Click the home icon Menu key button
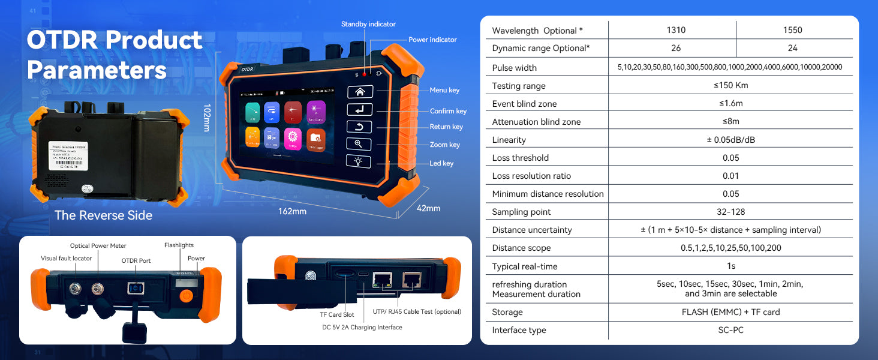pos(360,92)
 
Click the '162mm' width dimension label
pos(292,211)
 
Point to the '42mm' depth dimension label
pos(428,208)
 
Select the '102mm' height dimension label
pos(207,118)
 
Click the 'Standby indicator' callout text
pos(368,24)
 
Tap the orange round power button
pos(187,295)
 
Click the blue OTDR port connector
pos(135,289)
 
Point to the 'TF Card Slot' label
pos(336,314)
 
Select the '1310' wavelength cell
pos(676,30)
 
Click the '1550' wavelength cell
pos(792,30)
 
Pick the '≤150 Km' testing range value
pos(730,85)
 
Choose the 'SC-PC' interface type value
pos(730,330)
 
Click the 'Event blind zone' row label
pos(524,104)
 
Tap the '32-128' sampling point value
pos(730,211)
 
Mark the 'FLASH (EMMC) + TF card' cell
pos(730,312)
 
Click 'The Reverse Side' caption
pos(103,215)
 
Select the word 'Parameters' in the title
pos(97,70)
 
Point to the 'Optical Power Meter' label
pos(98,246)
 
